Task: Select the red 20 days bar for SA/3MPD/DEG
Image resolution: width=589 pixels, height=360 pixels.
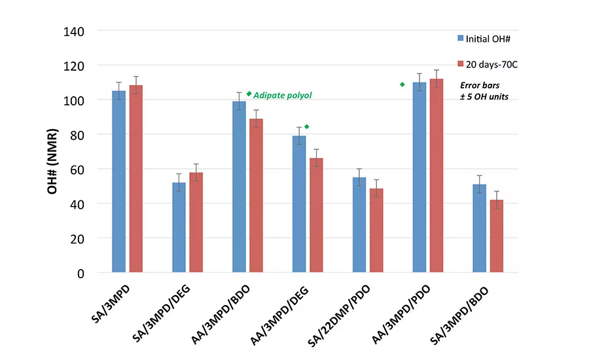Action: click(x=196, y=223)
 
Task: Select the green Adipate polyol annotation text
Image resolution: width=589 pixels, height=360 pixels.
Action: click(x=283, y=96)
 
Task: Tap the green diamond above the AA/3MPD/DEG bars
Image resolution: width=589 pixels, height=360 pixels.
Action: click(x=306, y=126)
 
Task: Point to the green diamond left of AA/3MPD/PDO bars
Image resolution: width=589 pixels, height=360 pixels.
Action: click(x=402, y=84)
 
